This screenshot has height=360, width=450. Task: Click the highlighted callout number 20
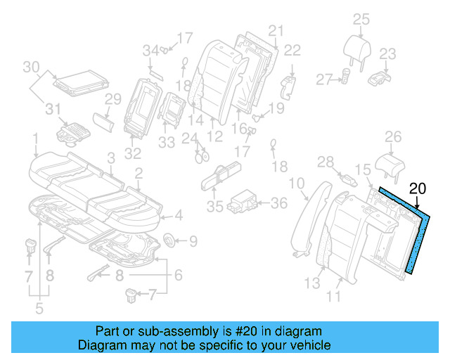click(418, 188)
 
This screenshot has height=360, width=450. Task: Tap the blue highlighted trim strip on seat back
click(418, 239)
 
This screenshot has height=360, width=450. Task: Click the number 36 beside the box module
click(279, 203)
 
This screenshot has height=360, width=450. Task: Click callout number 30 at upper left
click(30, 67)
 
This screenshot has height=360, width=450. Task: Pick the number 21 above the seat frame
click(275, 30)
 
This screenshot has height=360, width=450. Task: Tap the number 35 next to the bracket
click(214, 207)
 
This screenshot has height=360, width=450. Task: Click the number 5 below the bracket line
click(38, 307)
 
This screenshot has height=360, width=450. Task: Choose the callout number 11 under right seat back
click(334, 296)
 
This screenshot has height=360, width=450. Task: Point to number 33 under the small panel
click(167, 142)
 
